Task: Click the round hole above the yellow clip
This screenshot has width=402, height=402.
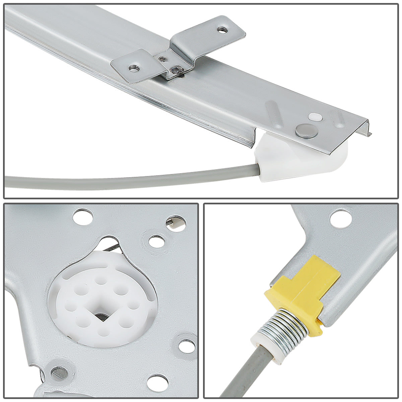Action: click(x=338, y=218)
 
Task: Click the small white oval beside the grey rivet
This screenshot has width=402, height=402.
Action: click(x=315, y=117)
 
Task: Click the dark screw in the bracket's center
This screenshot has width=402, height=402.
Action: click(x=176, y=69)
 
